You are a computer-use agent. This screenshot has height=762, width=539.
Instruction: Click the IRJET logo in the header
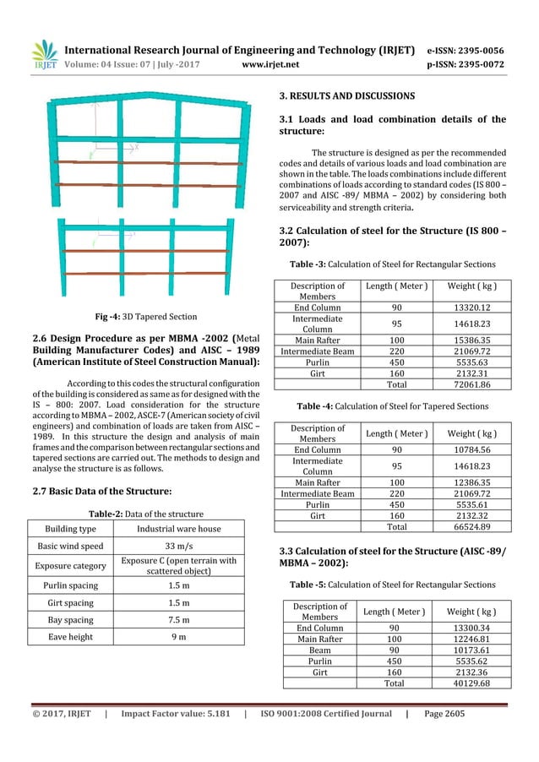click(x=44, y=53)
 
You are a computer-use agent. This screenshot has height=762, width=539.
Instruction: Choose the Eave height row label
click(x=70, y=637)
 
